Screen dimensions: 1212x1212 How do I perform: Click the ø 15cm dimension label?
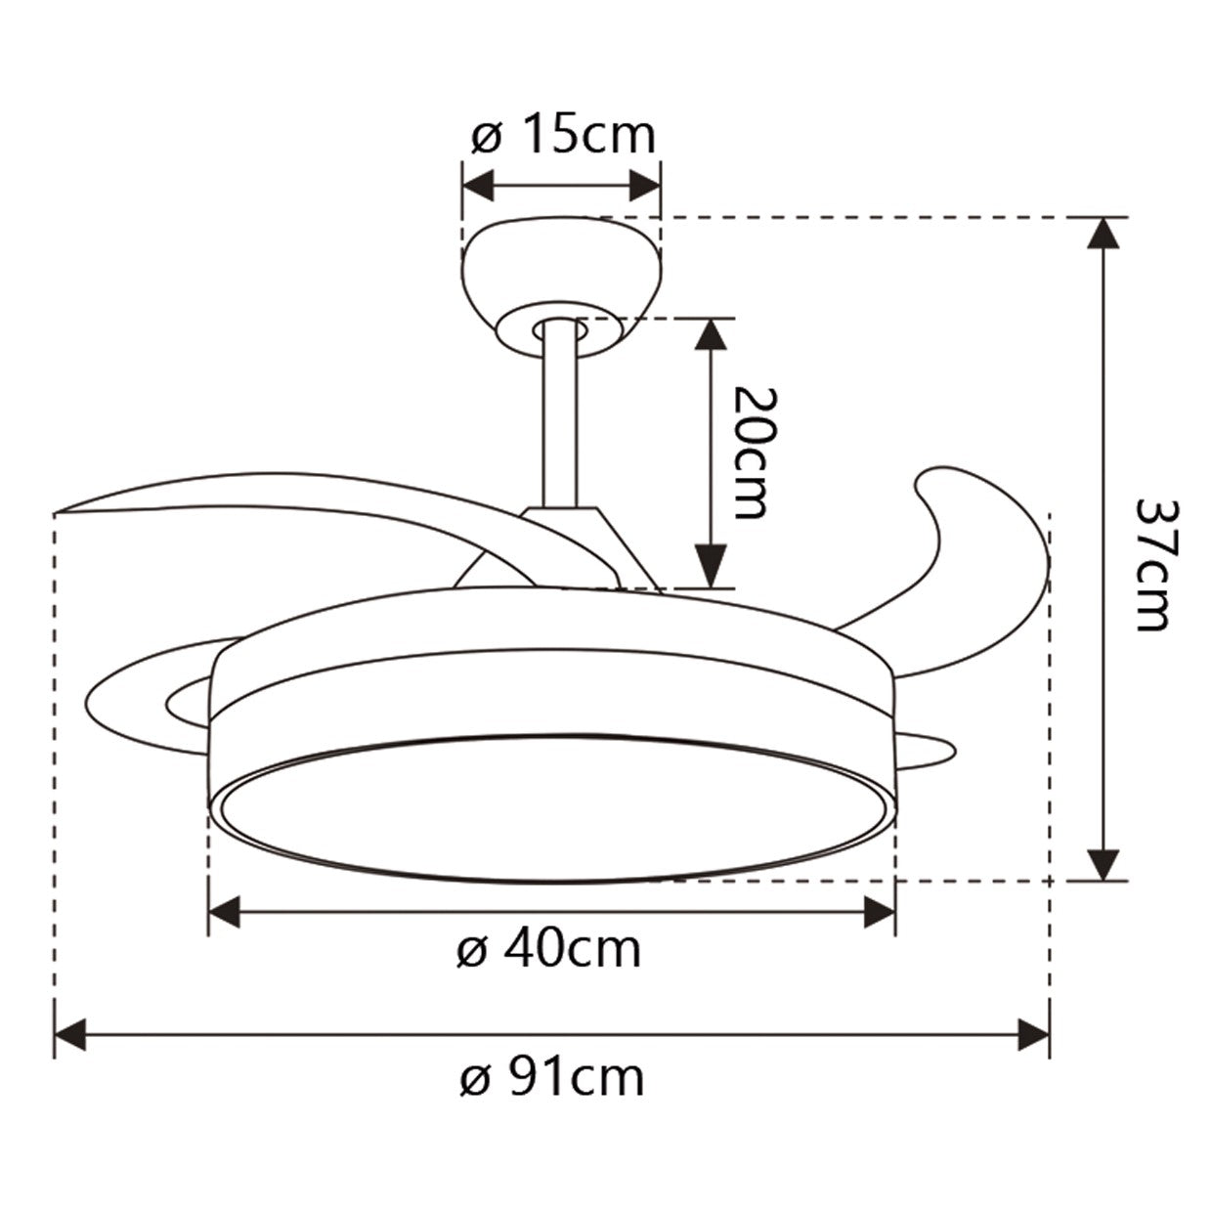(563, 136)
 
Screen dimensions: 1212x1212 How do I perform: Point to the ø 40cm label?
(549, 948)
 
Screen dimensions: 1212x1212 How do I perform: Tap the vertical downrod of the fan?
(560, 420)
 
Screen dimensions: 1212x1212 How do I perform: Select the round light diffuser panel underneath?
(552, 806)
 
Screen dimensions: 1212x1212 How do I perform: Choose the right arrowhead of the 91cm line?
(1034, 1034)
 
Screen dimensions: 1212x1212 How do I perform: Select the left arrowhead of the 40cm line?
(224, 913)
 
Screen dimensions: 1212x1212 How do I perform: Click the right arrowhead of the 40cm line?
(880, 913)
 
